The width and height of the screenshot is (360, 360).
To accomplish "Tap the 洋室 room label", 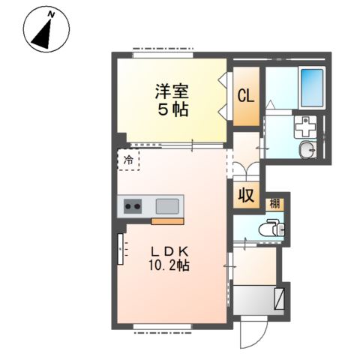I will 172,92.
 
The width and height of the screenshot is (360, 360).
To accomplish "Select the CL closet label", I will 245,96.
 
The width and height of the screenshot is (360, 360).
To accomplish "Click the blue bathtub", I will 310,88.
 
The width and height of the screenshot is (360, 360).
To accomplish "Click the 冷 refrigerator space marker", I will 129,160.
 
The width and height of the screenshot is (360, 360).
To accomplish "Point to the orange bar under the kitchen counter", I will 167,220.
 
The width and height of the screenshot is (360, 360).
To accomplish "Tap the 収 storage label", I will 245,196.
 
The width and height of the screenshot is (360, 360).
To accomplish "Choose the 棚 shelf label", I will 276,203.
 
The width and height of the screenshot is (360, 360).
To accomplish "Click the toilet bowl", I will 268,228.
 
